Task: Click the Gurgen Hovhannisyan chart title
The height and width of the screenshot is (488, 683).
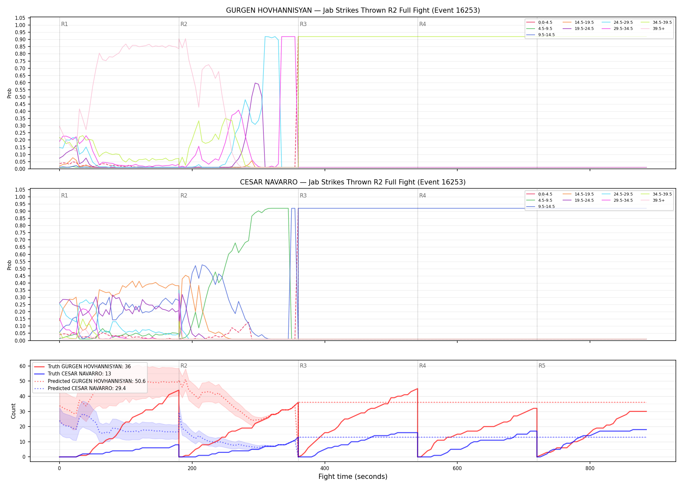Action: tap(353, 10)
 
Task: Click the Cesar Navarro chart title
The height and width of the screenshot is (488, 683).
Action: tap(353, 182)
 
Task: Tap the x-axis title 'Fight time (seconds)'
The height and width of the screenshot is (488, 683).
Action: tap(353, 477)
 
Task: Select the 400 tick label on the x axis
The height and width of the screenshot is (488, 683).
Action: tap(325, 468)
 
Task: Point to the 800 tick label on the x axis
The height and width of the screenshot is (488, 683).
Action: tap(590, 468)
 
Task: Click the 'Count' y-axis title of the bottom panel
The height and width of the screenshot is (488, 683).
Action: tap(13, 411)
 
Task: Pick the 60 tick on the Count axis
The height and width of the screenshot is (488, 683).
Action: tap(22, 366)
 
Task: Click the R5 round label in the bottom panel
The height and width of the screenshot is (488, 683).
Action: tap(542, 366)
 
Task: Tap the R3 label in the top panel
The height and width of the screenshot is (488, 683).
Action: tap(303, 24)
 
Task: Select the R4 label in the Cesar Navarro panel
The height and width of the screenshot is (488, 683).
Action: tap(422, 196)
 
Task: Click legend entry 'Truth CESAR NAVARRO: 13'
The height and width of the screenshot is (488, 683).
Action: tap(79, 374)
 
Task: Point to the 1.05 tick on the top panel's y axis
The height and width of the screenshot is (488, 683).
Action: tap(20, 18)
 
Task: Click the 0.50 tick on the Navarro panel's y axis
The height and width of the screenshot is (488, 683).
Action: tap(20, 269)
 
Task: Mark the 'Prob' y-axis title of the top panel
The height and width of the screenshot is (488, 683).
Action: tap(9, 93)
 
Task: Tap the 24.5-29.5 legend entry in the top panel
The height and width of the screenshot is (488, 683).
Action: tap(617, 22)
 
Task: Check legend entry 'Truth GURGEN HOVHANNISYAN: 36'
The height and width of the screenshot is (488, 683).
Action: tap(83, 367)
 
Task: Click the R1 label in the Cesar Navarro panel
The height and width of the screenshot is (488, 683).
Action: tap(64, 196)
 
